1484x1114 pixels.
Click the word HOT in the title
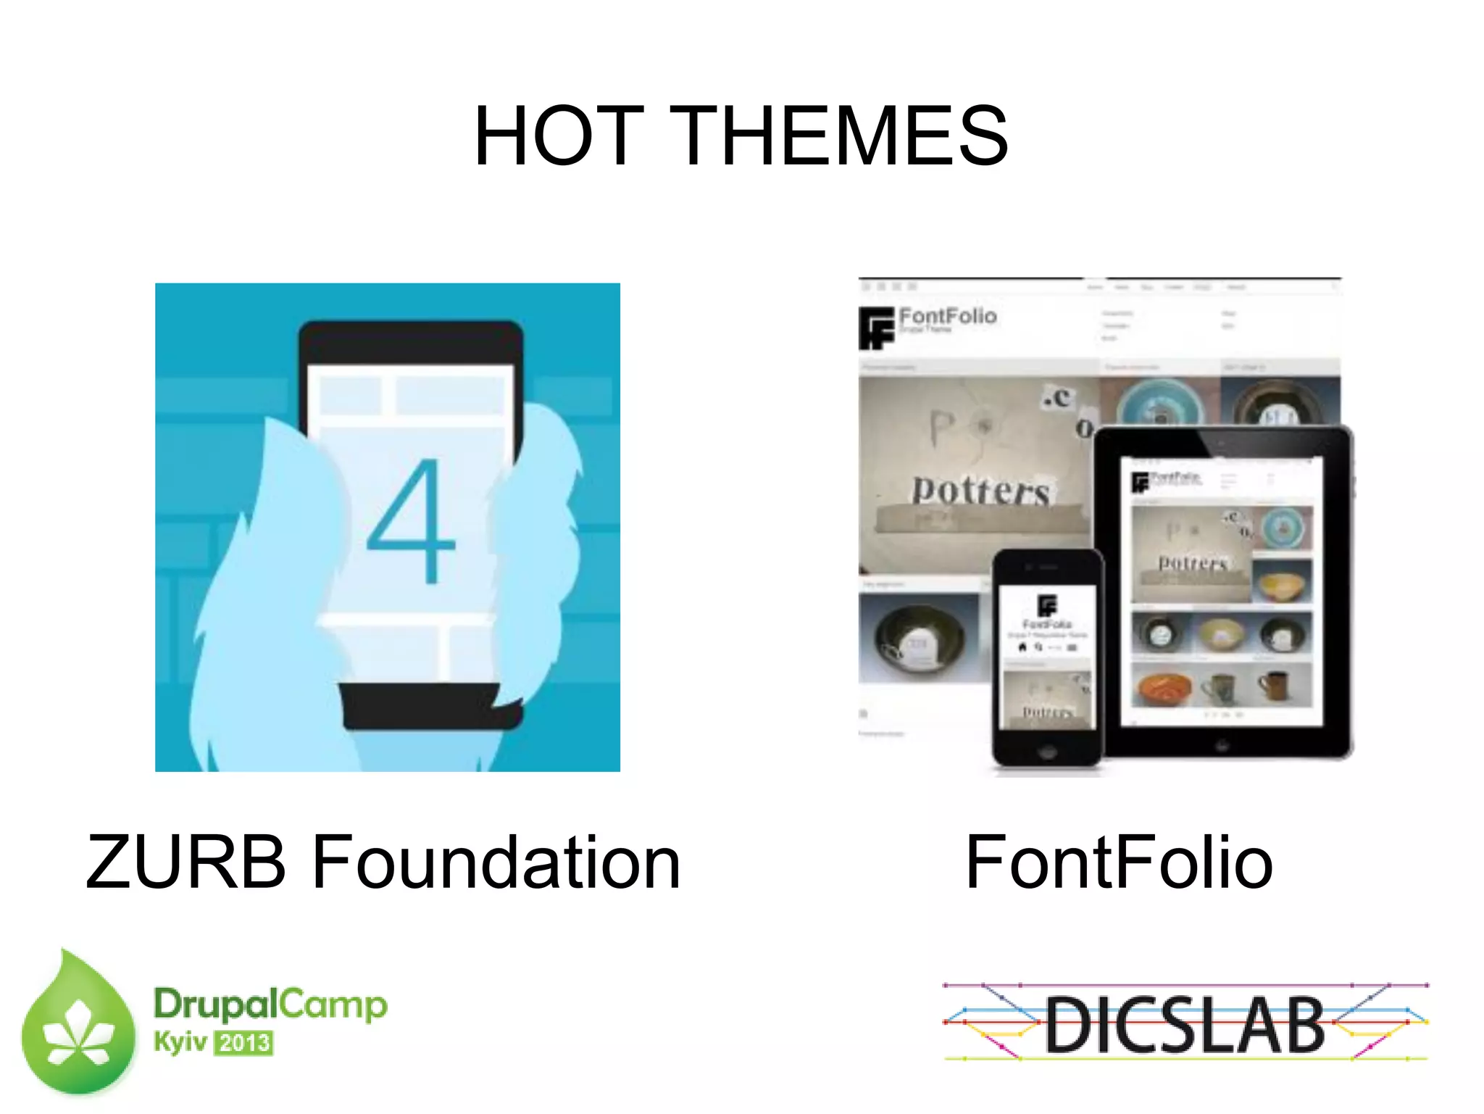click(558, 136)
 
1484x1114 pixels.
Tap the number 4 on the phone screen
click(411, 521)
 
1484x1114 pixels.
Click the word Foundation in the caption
click(496, 862)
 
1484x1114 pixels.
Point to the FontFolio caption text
click(1119, 862)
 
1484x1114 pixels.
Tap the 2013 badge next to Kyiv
click(244, 1043)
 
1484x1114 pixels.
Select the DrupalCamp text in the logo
click(270, 1005)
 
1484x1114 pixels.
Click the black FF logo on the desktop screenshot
click(876, 328)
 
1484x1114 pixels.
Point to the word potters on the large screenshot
click(980, 491)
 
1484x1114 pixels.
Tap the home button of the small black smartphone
click(1046, 752)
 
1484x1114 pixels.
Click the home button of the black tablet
click(1222, 744)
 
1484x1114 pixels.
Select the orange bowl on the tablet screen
click(1162, 688)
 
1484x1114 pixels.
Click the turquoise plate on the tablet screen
click(1283, 528)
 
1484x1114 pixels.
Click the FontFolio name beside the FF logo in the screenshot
click(948, 316)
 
